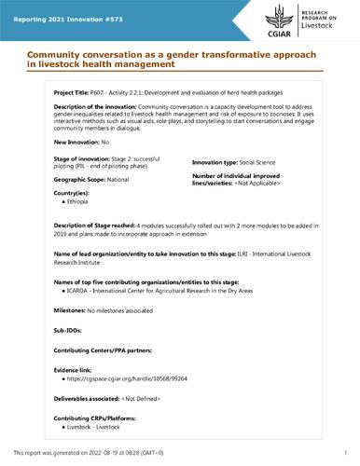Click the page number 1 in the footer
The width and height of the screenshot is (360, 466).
click(x=345, y=452)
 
